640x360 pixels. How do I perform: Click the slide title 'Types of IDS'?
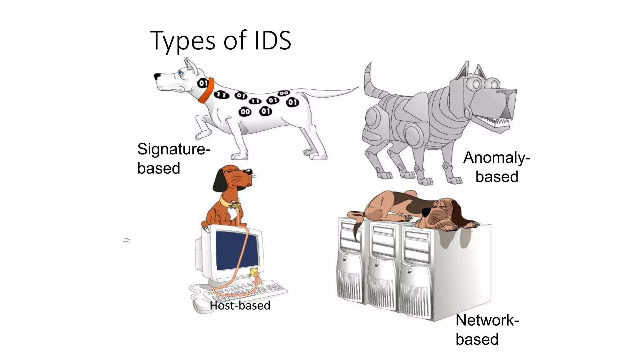(220, 41)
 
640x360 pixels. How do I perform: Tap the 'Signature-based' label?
(173, 158)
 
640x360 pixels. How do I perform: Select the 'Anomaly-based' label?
(497, 167)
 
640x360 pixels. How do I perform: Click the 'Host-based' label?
(240, 305)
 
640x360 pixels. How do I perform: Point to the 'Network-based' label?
(487, 329)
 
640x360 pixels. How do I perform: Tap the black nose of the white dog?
(157, 76)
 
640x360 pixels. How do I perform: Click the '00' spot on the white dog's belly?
(245, 112)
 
